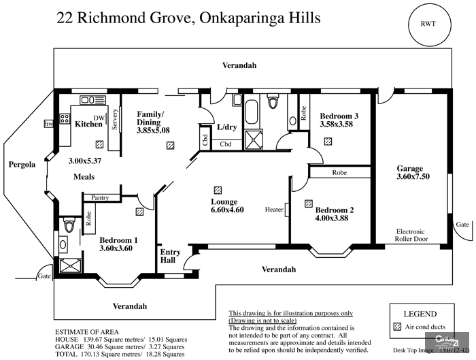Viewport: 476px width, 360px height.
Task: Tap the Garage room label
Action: [410, 169]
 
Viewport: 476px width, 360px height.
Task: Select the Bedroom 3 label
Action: [339, 116]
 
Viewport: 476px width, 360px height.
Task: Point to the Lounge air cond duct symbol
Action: [217, 190]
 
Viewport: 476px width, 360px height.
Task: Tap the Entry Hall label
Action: [170, 257]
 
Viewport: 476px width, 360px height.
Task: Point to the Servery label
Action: [116, 119]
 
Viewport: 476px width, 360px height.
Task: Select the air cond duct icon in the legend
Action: [398, 327]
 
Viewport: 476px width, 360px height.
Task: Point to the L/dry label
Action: [226, 127]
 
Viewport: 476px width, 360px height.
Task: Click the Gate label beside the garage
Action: [462, 224]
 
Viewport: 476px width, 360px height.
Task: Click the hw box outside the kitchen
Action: [48, 125]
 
